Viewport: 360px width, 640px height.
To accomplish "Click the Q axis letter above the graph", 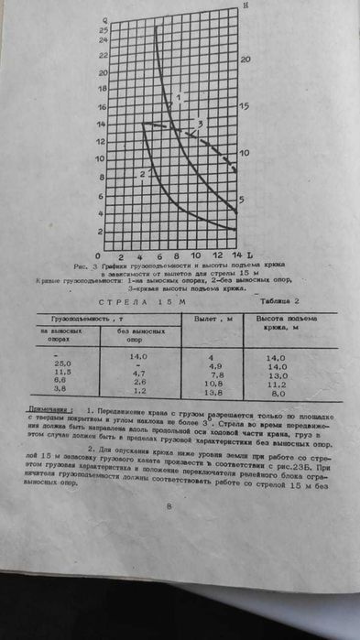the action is [106, 18].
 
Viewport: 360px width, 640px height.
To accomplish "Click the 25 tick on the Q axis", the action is [104, 30].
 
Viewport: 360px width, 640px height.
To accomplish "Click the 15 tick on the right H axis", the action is [245, 106].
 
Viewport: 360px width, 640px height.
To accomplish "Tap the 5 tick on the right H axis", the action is [243, 201].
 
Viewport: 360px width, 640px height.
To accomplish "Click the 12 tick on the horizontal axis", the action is [216, 255].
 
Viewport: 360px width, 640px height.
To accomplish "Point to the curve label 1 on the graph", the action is [181, 96].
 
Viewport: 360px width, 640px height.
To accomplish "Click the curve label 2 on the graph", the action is [143, 173].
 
